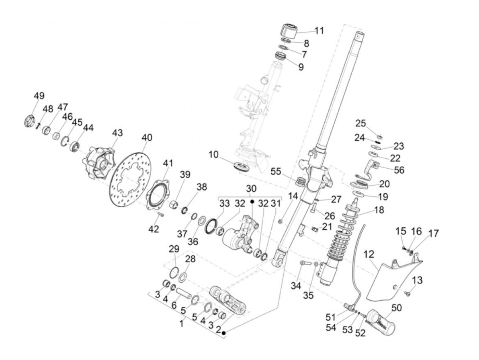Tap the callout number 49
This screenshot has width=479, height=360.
point(39,96)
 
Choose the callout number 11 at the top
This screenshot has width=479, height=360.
point(319,31)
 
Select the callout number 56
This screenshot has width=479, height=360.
point(399,170)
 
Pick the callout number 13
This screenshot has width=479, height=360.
point(417,280)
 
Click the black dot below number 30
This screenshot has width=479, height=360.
point(252,202)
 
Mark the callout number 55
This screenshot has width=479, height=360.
point(276,171)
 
